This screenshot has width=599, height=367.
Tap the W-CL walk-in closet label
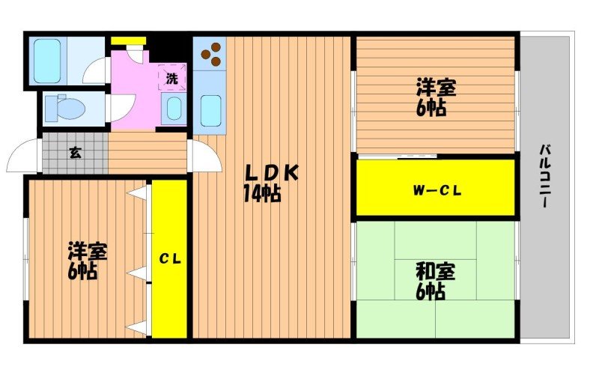tap(437, 190)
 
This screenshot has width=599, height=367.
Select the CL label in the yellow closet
tap(170, 259)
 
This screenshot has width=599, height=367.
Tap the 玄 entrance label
tap(75, 153)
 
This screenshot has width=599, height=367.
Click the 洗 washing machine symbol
tap(171, 78)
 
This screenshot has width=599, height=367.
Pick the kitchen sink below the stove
tap(211, 110)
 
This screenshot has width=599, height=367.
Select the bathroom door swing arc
tap(96, 73)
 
